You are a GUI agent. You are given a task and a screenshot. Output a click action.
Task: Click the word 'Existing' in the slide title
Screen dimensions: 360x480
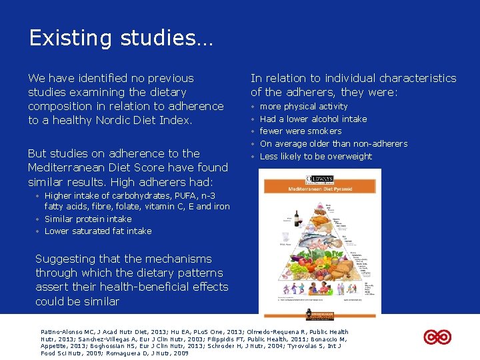(65, 38)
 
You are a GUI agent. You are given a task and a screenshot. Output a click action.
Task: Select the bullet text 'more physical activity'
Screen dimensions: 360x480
(303, 107)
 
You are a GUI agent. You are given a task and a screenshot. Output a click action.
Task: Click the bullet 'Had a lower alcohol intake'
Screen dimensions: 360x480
(313, 119)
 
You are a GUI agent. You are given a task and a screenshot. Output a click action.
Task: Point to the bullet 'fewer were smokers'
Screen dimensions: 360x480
(300, 131)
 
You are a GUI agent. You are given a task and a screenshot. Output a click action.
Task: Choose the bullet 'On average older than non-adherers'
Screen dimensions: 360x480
(333, 144)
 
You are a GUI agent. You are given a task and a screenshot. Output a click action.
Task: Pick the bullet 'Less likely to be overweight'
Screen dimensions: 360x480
(315, 157)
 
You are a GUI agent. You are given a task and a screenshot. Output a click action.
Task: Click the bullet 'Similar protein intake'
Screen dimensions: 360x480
(87, 219)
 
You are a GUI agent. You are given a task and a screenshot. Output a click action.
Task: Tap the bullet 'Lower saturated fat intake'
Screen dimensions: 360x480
(97, 231)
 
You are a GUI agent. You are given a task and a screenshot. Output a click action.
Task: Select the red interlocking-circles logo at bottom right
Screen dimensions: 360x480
(438, 337)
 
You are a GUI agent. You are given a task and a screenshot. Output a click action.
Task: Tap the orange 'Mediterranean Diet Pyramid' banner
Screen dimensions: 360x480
(321, 189)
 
